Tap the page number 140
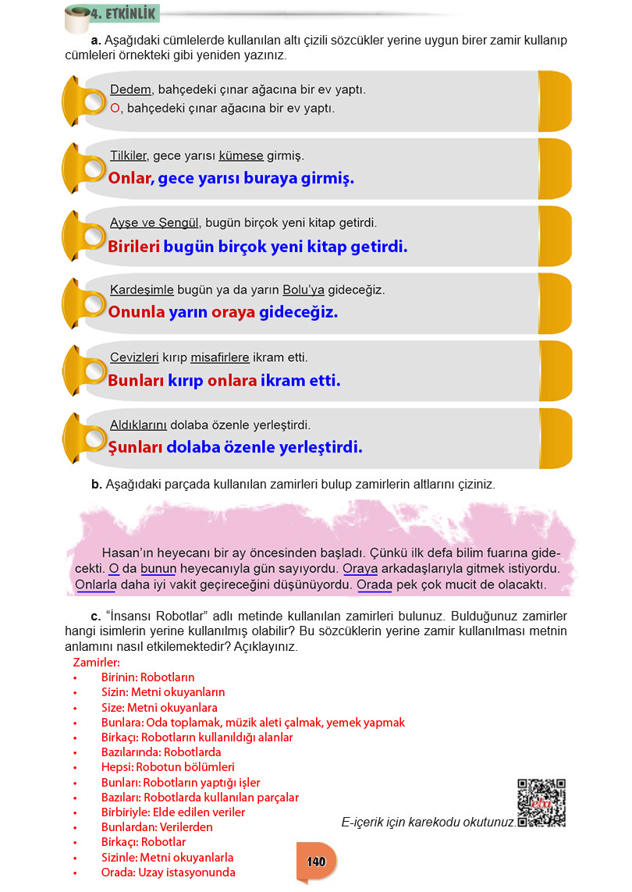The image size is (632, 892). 316,862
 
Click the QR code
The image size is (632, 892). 541,803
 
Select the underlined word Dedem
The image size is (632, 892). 130,90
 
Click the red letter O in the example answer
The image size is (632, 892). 115,108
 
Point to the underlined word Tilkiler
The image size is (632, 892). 128,156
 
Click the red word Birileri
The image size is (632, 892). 133,247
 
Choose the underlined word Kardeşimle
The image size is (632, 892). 142,290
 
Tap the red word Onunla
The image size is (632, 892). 137,313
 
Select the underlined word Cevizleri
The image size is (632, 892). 134,358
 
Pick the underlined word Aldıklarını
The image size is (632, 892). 139,425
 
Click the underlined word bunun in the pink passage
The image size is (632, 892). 158,568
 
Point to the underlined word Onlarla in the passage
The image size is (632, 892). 95,584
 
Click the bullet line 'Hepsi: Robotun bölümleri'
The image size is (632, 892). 168,767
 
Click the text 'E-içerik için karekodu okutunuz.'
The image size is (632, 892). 428,822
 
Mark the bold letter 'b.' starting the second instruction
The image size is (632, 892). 97,485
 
